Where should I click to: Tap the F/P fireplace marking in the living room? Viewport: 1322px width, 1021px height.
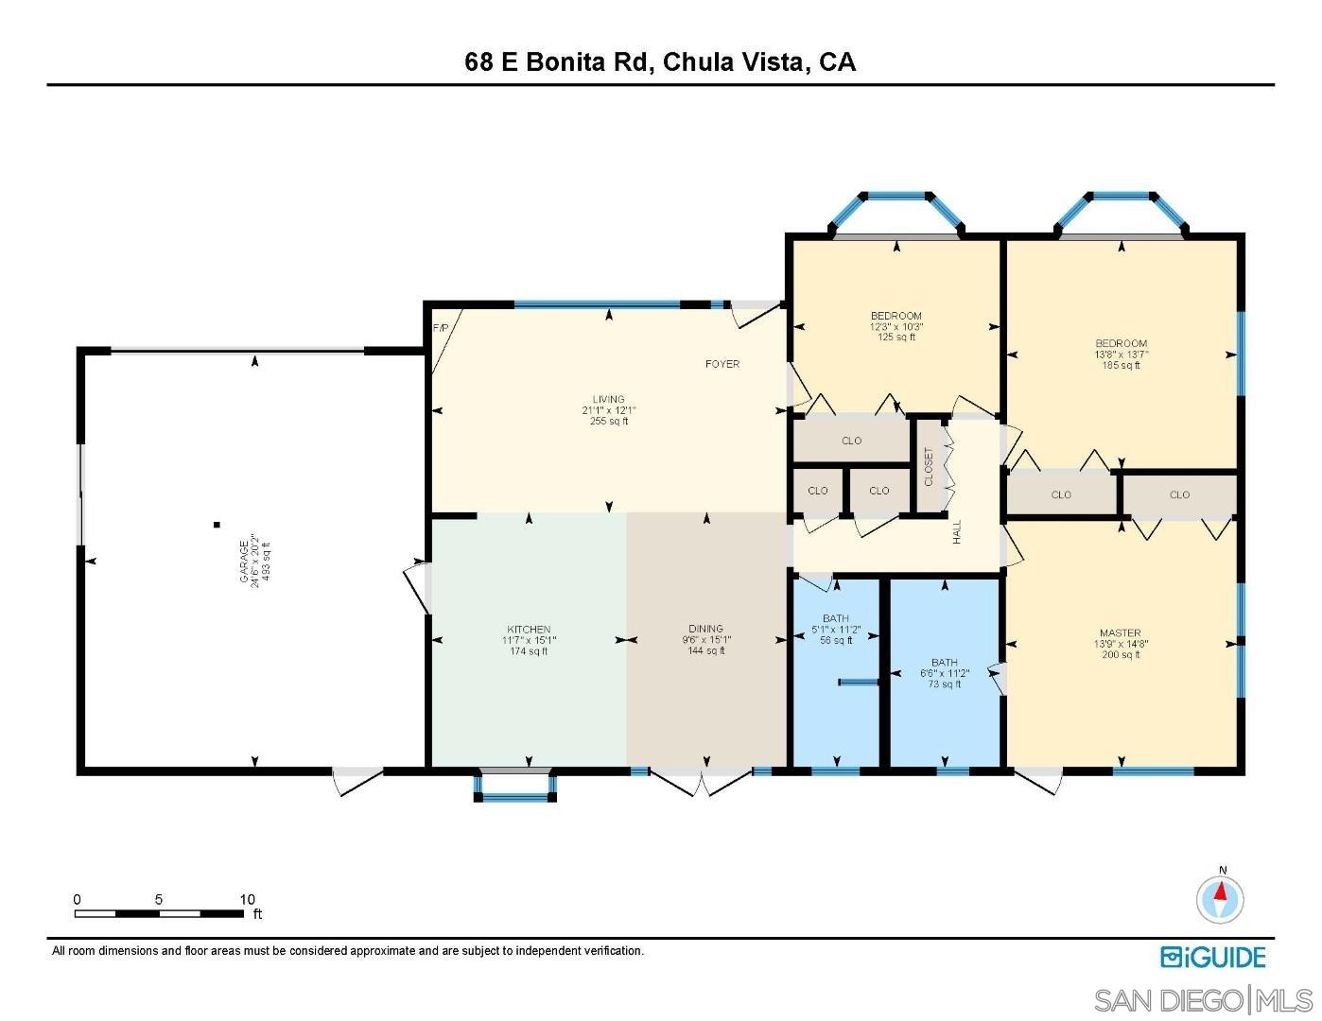click(x=440, y=328)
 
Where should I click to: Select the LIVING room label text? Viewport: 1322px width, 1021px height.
click(x=609, y=400)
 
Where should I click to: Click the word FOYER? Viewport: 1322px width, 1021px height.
click(x=722, y=364)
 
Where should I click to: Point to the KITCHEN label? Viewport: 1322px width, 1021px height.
click(x=529, y=630)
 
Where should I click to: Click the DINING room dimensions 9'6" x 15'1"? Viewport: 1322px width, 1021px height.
click(x=705, y=640)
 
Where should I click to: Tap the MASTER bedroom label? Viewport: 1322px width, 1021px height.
click(x=1120, y=633)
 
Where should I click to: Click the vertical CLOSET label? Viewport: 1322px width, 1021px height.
click(x=929, y=466)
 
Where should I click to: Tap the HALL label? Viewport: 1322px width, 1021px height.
click(x=957, y=531)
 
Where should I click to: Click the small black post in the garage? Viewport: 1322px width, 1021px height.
click(x=217, y=524)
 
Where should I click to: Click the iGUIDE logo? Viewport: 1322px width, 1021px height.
click(x=1212, y=957)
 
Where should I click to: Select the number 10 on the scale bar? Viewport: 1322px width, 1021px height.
click(x=247, y=900)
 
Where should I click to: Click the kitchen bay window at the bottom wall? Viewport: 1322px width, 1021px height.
click(x=514, y=787)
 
